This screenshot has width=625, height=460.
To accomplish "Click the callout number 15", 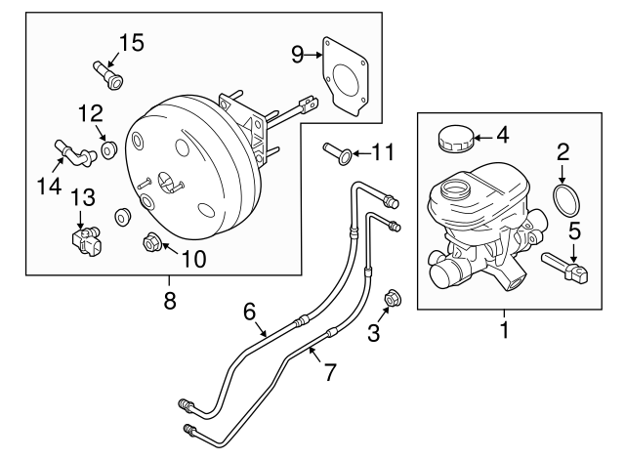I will click(x=130, y=42).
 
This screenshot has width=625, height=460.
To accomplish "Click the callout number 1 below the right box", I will click(x=505, y=331).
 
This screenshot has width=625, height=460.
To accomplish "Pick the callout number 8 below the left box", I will click(x=170, y=301).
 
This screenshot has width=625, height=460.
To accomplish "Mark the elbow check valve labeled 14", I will click(x=72, y=152).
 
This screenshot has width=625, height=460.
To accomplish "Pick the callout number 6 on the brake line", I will click(x=250, y=312).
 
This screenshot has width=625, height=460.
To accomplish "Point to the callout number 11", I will click(x=383, y=151).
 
